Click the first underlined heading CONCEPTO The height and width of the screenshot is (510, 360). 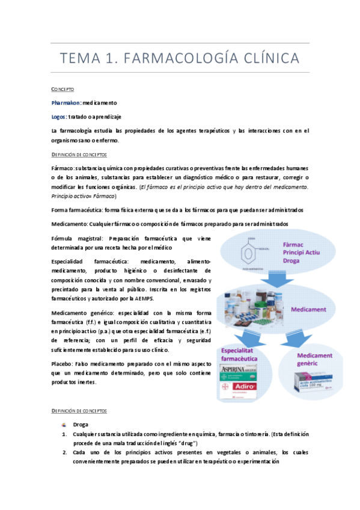[63, 89]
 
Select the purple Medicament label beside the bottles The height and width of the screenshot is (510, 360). [308, 309]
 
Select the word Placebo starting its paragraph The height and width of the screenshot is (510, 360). [62, 364]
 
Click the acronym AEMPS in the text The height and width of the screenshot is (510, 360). [145, 299]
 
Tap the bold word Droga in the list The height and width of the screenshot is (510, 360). [81, 424]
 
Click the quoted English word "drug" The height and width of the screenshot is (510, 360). [179, 443]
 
